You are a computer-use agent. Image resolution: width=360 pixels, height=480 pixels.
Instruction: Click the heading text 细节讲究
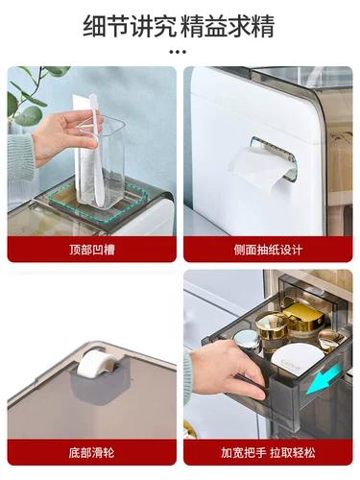130,26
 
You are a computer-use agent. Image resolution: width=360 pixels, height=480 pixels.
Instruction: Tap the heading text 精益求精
228,26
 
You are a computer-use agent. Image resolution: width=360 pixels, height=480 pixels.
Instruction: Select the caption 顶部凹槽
92,250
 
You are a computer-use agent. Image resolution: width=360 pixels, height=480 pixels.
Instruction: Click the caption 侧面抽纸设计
268,250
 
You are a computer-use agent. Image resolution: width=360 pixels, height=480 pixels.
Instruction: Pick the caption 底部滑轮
92,453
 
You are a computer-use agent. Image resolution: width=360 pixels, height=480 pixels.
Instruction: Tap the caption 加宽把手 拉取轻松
268,453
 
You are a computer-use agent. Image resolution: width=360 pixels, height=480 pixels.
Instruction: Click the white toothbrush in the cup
97,151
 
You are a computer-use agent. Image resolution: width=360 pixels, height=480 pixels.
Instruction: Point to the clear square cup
100,161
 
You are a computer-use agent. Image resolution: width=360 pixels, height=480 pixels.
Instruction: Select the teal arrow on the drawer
324,379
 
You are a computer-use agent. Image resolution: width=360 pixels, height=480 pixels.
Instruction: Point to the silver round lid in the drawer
248,339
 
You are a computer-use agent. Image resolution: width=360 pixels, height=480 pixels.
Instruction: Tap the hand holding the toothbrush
65,137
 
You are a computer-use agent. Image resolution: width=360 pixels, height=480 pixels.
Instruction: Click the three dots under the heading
178,52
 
